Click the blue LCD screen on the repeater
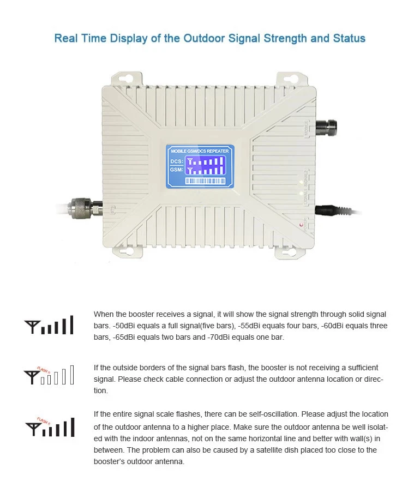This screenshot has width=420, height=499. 200,166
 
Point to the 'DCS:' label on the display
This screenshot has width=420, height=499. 176,161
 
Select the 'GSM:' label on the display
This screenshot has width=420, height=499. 176,170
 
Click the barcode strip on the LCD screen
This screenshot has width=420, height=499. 207,180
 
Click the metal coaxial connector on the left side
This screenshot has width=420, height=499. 82,207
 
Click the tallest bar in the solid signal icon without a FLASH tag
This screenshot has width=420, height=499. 71,325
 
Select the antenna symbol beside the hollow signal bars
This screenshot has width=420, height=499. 31,376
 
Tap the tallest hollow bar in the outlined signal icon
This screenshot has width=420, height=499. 71,375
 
